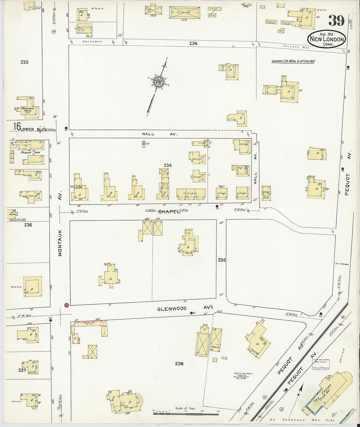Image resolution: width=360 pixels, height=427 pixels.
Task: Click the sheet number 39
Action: (x=336, y=21)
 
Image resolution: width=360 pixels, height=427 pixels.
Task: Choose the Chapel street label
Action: (x=170, y=212)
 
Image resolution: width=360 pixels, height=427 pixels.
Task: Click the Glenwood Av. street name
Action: (x=171, y=309)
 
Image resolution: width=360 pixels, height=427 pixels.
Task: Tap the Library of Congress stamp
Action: (x=322, y=365)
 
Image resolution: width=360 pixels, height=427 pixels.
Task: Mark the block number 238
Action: (x=179, y=364)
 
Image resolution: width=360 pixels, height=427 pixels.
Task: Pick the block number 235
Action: (x=222, y=260)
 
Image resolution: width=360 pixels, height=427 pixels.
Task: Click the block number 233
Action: (x=24, y=62)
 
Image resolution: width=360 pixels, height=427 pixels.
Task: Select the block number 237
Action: (x=22, y=370)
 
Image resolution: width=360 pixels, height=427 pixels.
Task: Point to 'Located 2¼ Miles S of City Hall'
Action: (x=293, y=61)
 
